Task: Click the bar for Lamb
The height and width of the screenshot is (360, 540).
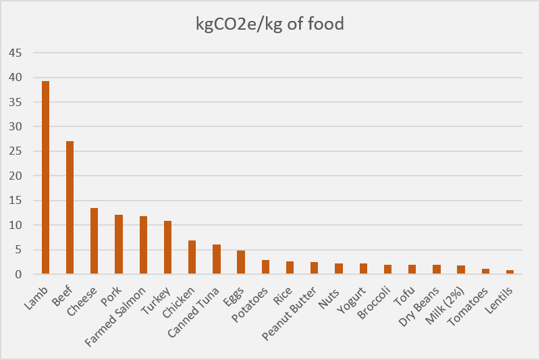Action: tap(46, 178)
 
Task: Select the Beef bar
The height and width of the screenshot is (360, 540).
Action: tap(70, 207)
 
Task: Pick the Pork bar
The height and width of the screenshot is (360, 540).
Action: tap(119, 245)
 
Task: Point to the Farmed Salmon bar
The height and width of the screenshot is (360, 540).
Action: tap(143, 245)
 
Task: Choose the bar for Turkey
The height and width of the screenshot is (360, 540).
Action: tap(167, 247)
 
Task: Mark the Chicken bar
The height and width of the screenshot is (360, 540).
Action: tap(192, 257)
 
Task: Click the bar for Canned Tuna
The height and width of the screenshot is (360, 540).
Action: tap(217, 259)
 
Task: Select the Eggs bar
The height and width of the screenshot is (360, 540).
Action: tap(241, 262)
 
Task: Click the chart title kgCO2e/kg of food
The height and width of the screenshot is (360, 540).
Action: tap(270, 24)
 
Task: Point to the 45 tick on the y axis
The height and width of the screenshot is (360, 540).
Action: tap(15, 53)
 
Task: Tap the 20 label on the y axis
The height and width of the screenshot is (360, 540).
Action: tap(15, 176)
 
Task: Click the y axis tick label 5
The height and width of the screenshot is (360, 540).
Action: tap(18, 250)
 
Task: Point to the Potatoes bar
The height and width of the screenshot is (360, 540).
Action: tap(265, 267)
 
